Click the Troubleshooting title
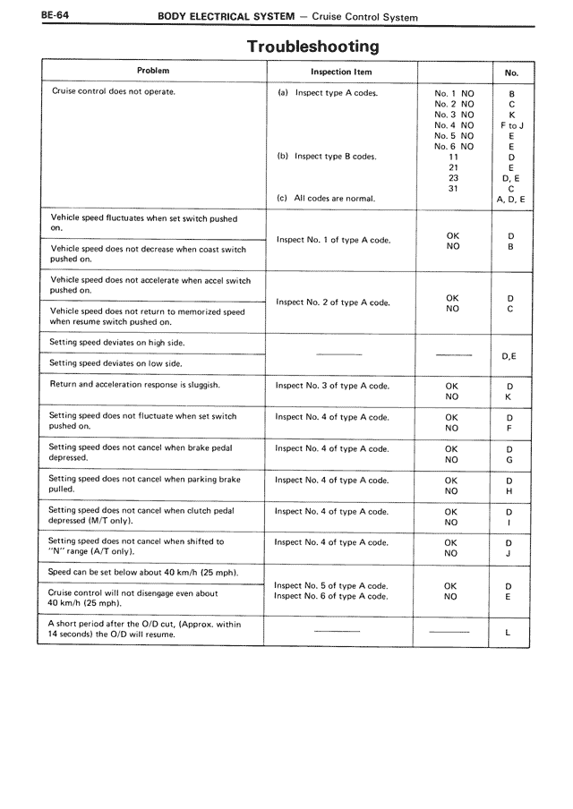[x=312, y=46]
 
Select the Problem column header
[x=153, y=70]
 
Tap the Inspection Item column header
[x=341, y=72]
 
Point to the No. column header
[x=511, y=72]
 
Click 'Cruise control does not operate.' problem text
[x=113, y=91]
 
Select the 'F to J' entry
[x=511, y=125]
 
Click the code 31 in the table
[x=454, y=188]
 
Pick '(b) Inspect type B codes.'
[x=327, y=156]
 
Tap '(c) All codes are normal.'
[x=326, y=198]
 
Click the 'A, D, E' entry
[x=511, y=199]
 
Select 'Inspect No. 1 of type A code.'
[x=333, y=240]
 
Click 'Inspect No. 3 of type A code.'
[x=332, y=386]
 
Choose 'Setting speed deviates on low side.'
[x=115, y=363]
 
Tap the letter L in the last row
[x=508, y=633]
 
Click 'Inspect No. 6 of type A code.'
[x=331, y=596]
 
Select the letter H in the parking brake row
[x=509, y=491]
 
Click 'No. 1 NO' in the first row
[x=455, y=93]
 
